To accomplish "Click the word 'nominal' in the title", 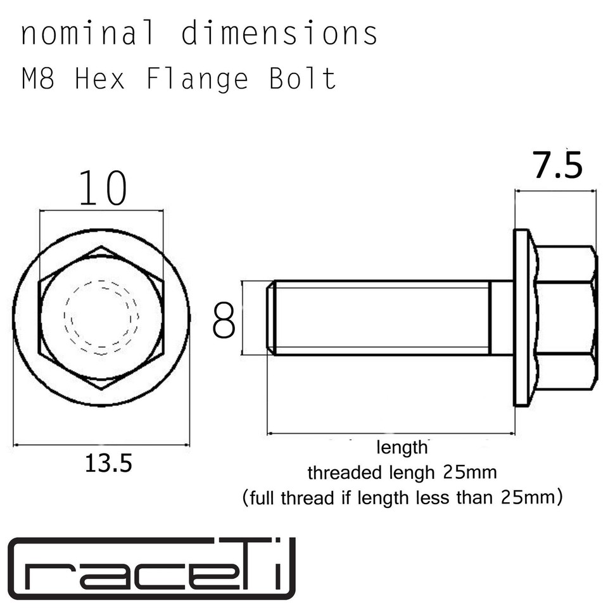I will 87,34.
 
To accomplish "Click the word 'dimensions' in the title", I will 279,34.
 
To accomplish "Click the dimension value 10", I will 102,189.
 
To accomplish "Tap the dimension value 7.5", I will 557,166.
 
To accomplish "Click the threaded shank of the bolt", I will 380,317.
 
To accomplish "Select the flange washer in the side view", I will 521,317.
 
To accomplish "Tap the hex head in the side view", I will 565,317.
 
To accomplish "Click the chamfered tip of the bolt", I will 270,317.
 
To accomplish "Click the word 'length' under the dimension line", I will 403,448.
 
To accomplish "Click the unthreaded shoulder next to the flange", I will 501,317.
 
